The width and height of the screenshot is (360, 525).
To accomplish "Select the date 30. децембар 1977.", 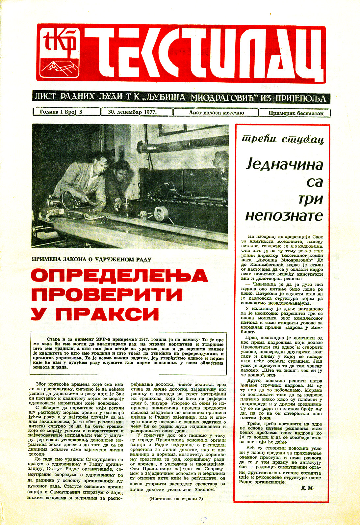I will click(132, 112).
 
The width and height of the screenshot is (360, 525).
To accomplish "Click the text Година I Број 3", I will click(61, 112).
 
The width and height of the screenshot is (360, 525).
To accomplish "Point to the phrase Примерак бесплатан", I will click(296, 113).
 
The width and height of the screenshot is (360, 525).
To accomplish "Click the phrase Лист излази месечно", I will click(216, 113).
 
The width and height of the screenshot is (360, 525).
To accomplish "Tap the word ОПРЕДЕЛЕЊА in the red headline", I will click(119, 276).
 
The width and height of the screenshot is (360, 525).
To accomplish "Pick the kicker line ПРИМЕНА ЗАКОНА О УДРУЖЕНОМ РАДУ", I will click(91, 259).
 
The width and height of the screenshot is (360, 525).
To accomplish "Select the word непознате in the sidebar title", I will click(284, 216).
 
